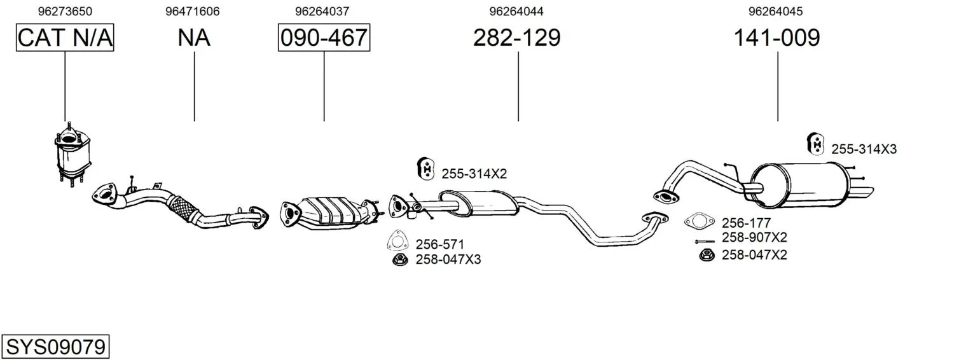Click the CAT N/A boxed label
pyautogui.click(x=65, y=38)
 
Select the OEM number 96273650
pyautogui.click(x=65, y=11)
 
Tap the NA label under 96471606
pyautogui.click(x=194, y=38)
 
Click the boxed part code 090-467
pyautogui.click(x=324, y=38)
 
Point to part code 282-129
pyautogui.click(x=517, y=38)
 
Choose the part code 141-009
pyautogui.click(x=776, y=38)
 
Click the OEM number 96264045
pyautogui.click(x=775, y=11)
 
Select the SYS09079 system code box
pyautogui.click(x=55, y=347)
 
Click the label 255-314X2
pyautogui.click(x=474, y=174)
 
